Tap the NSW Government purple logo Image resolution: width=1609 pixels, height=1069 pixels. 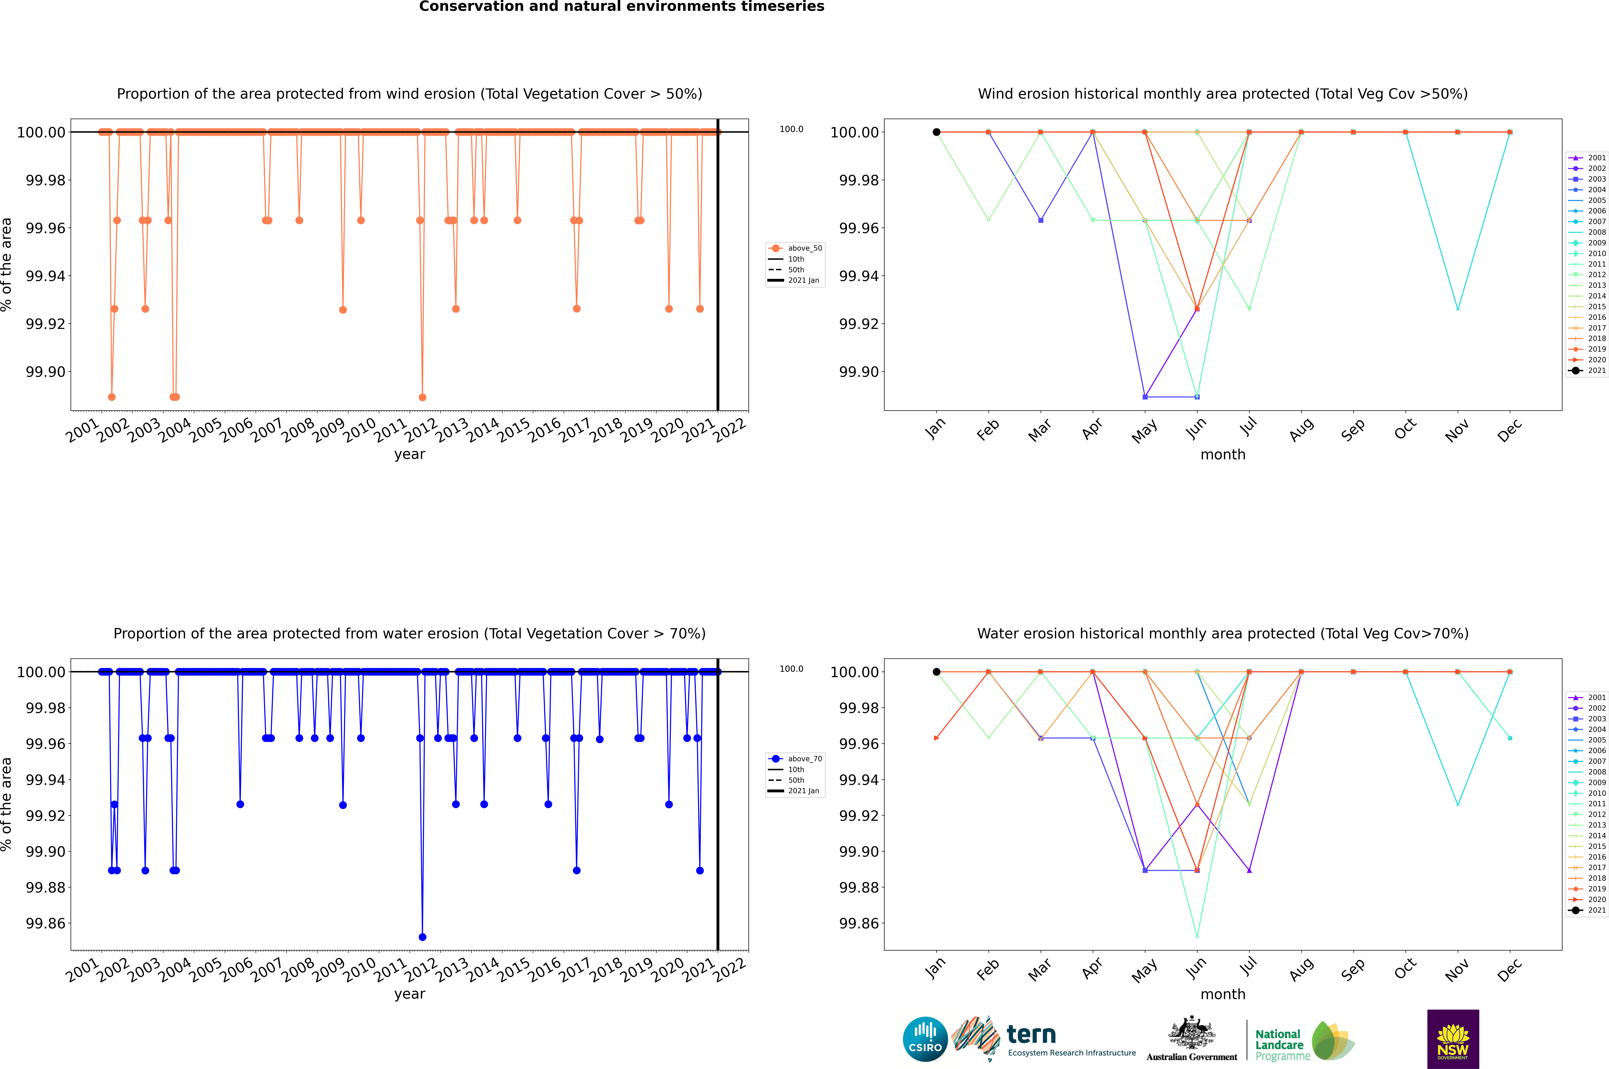(1453, 1039)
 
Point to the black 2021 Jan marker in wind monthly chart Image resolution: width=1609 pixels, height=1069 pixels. (937, 132)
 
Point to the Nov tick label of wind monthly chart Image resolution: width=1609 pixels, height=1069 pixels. (1456, 431)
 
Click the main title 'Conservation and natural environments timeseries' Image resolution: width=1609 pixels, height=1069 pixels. (621, 7)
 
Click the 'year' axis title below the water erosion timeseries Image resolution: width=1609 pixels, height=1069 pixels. (409, 994)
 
